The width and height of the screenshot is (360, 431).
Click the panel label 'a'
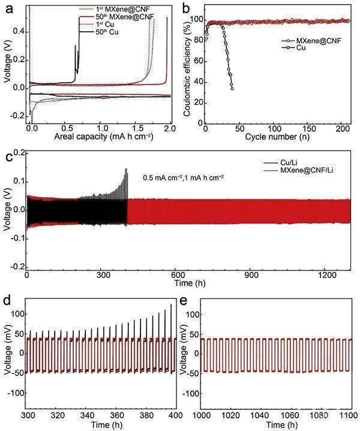click(x=7, y=8)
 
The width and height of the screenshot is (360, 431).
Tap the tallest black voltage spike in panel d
click(x=171, y=305)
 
